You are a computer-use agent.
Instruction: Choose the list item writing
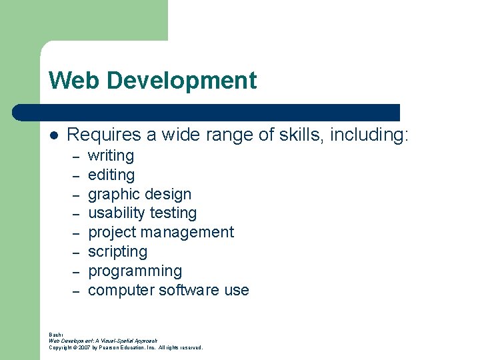tap(111, 156)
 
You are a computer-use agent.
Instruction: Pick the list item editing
tap(111, 175)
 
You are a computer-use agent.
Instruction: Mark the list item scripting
tap(117, 252)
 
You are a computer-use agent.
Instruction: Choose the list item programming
tap(135, 271)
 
